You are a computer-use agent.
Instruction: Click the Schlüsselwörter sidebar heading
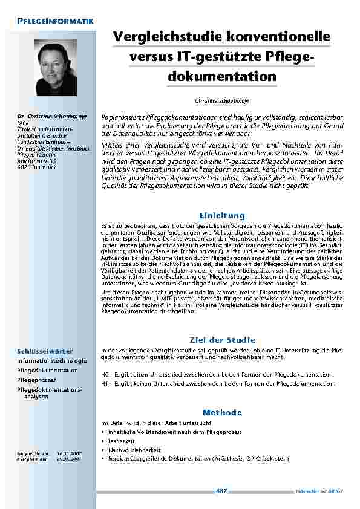point(45,351)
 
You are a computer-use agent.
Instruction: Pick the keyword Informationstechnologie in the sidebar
point(51,360)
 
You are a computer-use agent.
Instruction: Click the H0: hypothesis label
point(105,375)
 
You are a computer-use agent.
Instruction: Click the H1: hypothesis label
point(105,383)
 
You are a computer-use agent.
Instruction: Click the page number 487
point(221,491)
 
